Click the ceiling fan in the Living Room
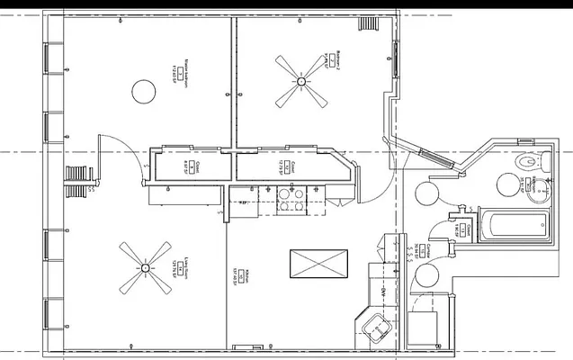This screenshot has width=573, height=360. [x=145, y=267]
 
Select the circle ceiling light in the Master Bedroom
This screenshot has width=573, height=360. [x=143, y=90]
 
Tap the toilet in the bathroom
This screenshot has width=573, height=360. [x=532, y=164]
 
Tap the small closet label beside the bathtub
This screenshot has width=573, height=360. [x=459, y=229]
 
